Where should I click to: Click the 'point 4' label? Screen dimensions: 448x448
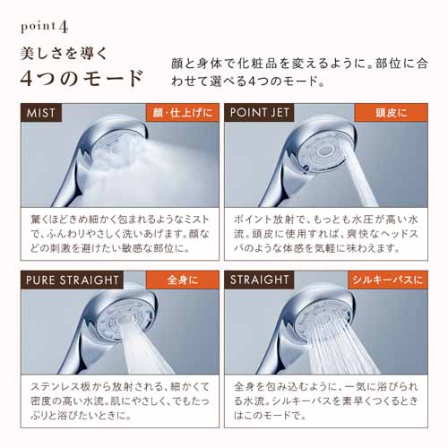point(45,27)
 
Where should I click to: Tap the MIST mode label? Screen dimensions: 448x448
point(41,113)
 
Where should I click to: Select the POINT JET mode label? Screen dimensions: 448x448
point(259,113)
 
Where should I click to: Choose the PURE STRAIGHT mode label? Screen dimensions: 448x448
point(72,280)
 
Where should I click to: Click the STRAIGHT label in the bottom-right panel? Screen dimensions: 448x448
point(259,280)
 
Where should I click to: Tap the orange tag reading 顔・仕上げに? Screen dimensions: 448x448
point(183,113)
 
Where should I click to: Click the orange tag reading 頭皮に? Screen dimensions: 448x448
point(391,113)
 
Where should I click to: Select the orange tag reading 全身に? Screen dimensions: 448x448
point(183,280)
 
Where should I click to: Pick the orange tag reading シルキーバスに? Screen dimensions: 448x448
point(388,280)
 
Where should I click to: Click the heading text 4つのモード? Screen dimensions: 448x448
point(82,78)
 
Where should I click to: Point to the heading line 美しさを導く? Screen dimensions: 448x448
point(64,54)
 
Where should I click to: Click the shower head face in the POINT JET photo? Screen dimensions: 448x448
point(323,151)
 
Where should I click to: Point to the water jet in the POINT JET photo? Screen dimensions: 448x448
point(359,177)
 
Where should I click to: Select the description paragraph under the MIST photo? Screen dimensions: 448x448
point(120,234)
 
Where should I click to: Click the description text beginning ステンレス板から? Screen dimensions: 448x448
point(120,401)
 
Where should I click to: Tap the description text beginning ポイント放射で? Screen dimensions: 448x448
point(326,234)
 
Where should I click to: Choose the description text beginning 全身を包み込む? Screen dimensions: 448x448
point(326,401)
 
